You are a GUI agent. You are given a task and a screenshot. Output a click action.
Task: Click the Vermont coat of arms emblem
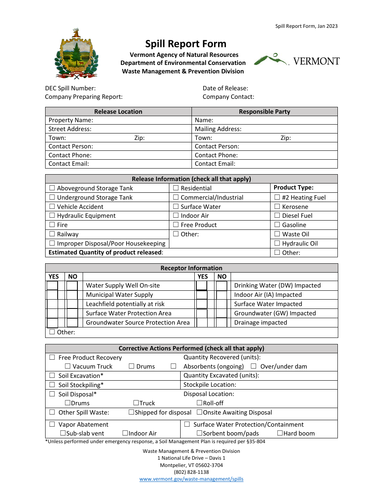click(x=76, y=54)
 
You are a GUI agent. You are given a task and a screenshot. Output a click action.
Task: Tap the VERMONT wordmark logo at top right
click(x=297, y=60)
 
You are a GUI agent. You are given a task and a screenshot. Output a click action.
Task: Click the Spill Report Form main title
click(x=186, y=44)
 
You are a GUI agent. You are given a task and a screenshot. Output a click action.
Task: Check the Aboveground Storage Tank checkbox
click(x=52, y=188)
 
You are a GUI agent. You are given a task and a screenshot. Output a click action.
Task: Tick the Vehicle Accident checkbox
click(x=52, y=206)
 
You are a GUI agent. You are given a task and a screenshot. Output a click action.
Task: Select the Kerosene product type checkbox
click(x=277, y=206)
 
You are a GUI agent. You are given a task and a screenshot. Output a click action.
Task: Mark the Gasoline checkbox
click(x=277, y=225)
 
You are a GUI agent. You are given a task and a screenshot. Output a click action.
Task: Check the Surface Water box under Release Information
click(x=176, y=206)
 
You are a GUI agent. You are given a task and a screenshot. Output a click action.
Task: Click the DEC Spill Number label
click(x=71, y=88)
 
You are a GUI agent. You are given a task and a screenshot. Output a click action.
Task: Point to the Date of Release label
click(x=225, y=88)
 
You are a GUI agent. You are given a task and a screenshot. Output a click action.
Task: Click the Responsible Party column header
click(x=264, y=112)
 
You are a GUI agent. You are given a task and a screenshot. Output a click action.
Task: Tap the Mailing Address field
click(x=264, y=129)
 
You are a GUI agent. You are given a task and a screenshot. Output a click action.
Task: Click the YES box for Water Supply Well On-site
click(x=52, y=286)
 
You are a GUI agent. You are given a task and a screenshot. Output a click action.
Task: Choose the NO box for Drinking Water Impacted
click(x=221, y=286)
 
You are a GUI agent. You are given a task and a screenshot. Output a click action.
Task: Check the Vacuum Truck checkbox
click(x=67, y=366)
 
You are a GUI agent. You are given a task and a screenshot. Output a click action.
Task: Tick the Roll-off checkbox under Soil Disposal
click(x=199, y=403)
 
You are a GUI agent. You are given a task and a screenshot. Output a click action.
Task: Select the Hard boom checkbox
click(x=280, y=433)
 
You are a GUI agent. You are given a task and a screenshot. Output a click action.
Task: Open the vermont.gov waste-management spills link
click(x=191, y=479)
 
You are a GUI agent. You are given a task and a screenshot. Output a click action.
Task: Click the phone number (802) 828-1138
click(x=191, y=472)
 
